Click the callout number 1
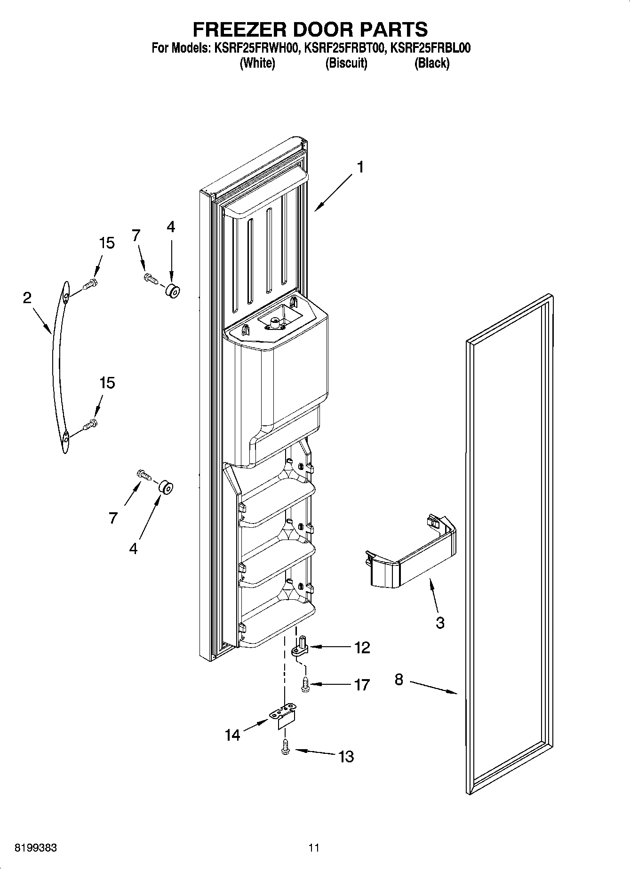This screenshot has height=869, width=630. [360, 167]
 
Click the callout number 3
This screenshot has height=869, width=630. [440, 623]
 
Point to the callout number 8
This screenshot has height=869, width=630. [399, 680]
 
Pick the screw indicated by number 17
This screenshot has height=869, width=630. [304, 684]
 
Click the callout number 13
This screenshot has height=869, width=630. [346, 756]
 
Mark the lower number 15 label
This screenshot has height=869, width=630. [107, 383]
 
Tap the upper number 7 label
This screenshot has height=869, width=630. [136, 235]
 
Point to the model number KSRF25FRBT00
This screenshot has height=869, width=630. [345, 48]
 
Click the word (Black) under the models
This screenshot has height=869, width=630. [431, 63]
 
